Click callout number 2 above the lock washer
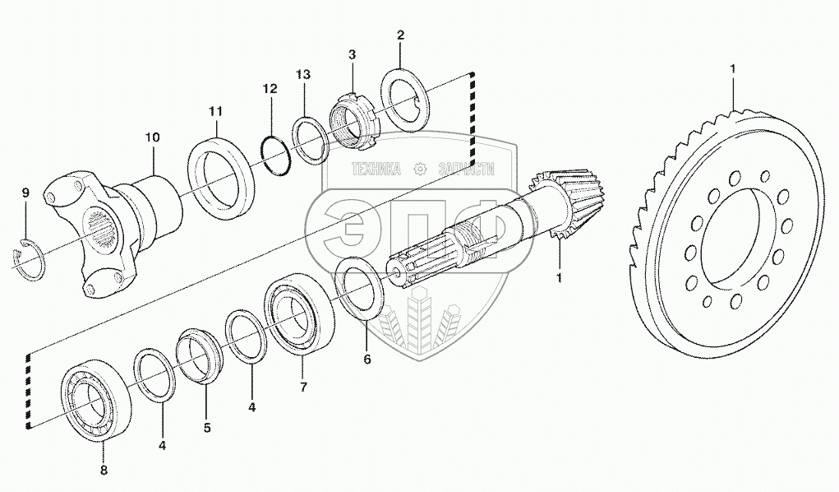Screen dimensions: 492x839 click(400, 35)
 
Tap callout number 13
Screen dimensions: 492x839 click(303, 75)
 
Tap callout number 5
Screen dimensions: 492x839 click(207, 427)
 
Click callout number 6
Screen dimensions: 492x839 click(367, 359)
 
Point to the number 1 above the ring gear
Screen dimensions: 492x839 click(732, 69)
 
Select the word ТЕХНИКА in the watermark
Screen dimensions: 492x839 click(376, 170)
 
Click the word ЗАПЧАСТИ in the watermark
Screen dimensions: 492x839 click(466, 170)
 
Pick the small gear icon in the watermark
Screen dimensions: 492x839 click(420, 170)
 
